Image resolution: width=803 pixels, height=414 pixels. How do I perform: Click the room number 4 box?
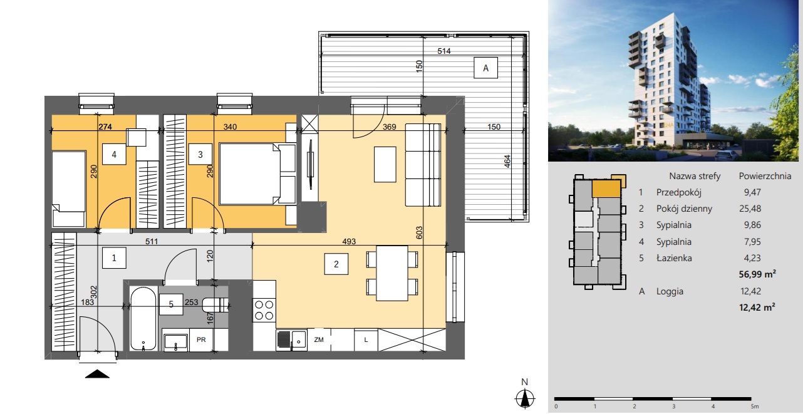pos(114,155)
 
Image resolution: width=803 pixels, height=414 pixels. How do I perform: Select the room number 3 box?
pos(200,155)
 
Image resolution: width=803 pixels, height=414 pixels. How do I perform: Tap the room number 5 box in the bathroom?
pos(171,304)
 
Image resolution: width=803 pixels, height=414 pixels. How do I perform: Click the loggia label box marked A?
pos(485,68)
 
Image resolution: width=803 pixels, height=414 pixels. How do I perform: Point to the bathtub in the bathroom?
pos(143,319)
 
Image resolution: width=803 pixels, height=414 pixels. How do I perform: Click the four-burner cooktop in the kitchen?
pos(264,310)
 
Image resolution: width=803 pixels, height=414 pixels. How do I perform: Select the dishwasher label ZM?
pos(319,339)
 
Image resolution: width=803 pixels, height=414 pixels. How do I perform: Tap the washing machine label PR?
pos(201,339)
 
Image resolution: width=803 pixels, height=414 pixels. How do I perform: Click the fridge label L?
pos(366,340)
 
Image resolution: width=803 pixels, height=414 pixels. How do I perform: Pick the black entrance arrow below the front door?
pos(98,374)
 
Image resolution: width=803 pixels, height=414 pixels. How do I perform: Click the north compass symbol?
pos(525,398)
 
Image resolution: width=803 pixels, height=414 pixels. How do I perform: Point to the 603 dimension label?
pos(420,232)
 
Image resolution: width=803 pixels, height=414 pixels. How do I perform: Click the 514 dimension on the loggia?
pos(444,51)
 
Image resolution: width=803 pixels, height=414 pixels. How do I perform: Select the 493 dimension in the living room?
pos(349,242)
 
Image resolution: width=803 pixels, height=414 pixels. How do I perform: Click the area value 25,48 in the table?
pos(750,209)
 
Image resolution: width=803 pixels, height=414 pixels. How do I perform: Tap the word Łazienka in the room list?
pos(674,257)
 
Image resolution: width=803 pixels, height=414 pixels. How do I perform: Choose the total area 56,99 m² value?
pos(757,274)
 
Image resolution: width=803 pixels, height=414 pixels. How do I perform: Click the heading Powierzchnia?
pos(765,176)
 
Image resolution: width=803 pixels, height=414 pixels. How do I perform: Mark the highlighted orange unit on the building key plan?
pos(606,189)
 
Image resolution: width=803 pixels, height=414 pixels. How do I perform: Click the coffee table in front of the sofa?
pos(385,165)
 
